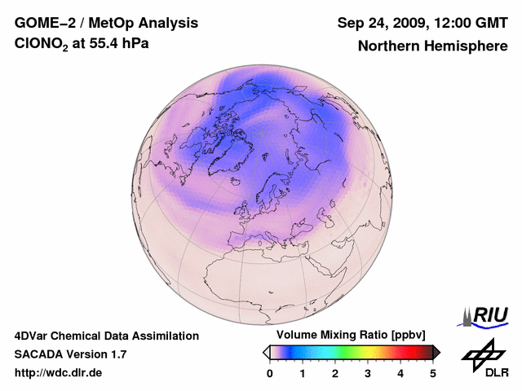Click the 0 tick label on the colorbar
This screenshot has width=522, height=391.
[270, 373]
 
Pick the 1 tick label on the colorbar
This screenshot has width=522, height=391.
[303, 373]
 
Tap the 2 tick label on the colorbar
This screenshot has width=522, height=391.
[335, 373]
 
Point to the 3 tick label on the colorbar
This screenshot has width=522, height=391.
[368, 373]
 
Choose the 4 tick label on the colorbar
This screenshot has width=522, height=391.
[400, 373]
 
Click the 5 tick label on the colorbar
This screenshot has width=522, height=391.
[433, 373]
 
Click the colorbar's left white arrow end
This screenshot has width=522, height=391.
[266, 352]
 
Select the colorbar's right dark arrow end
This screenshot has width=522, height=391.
[436, 352]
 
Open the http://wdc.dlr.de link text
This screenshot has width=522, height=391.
[59, 373]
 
